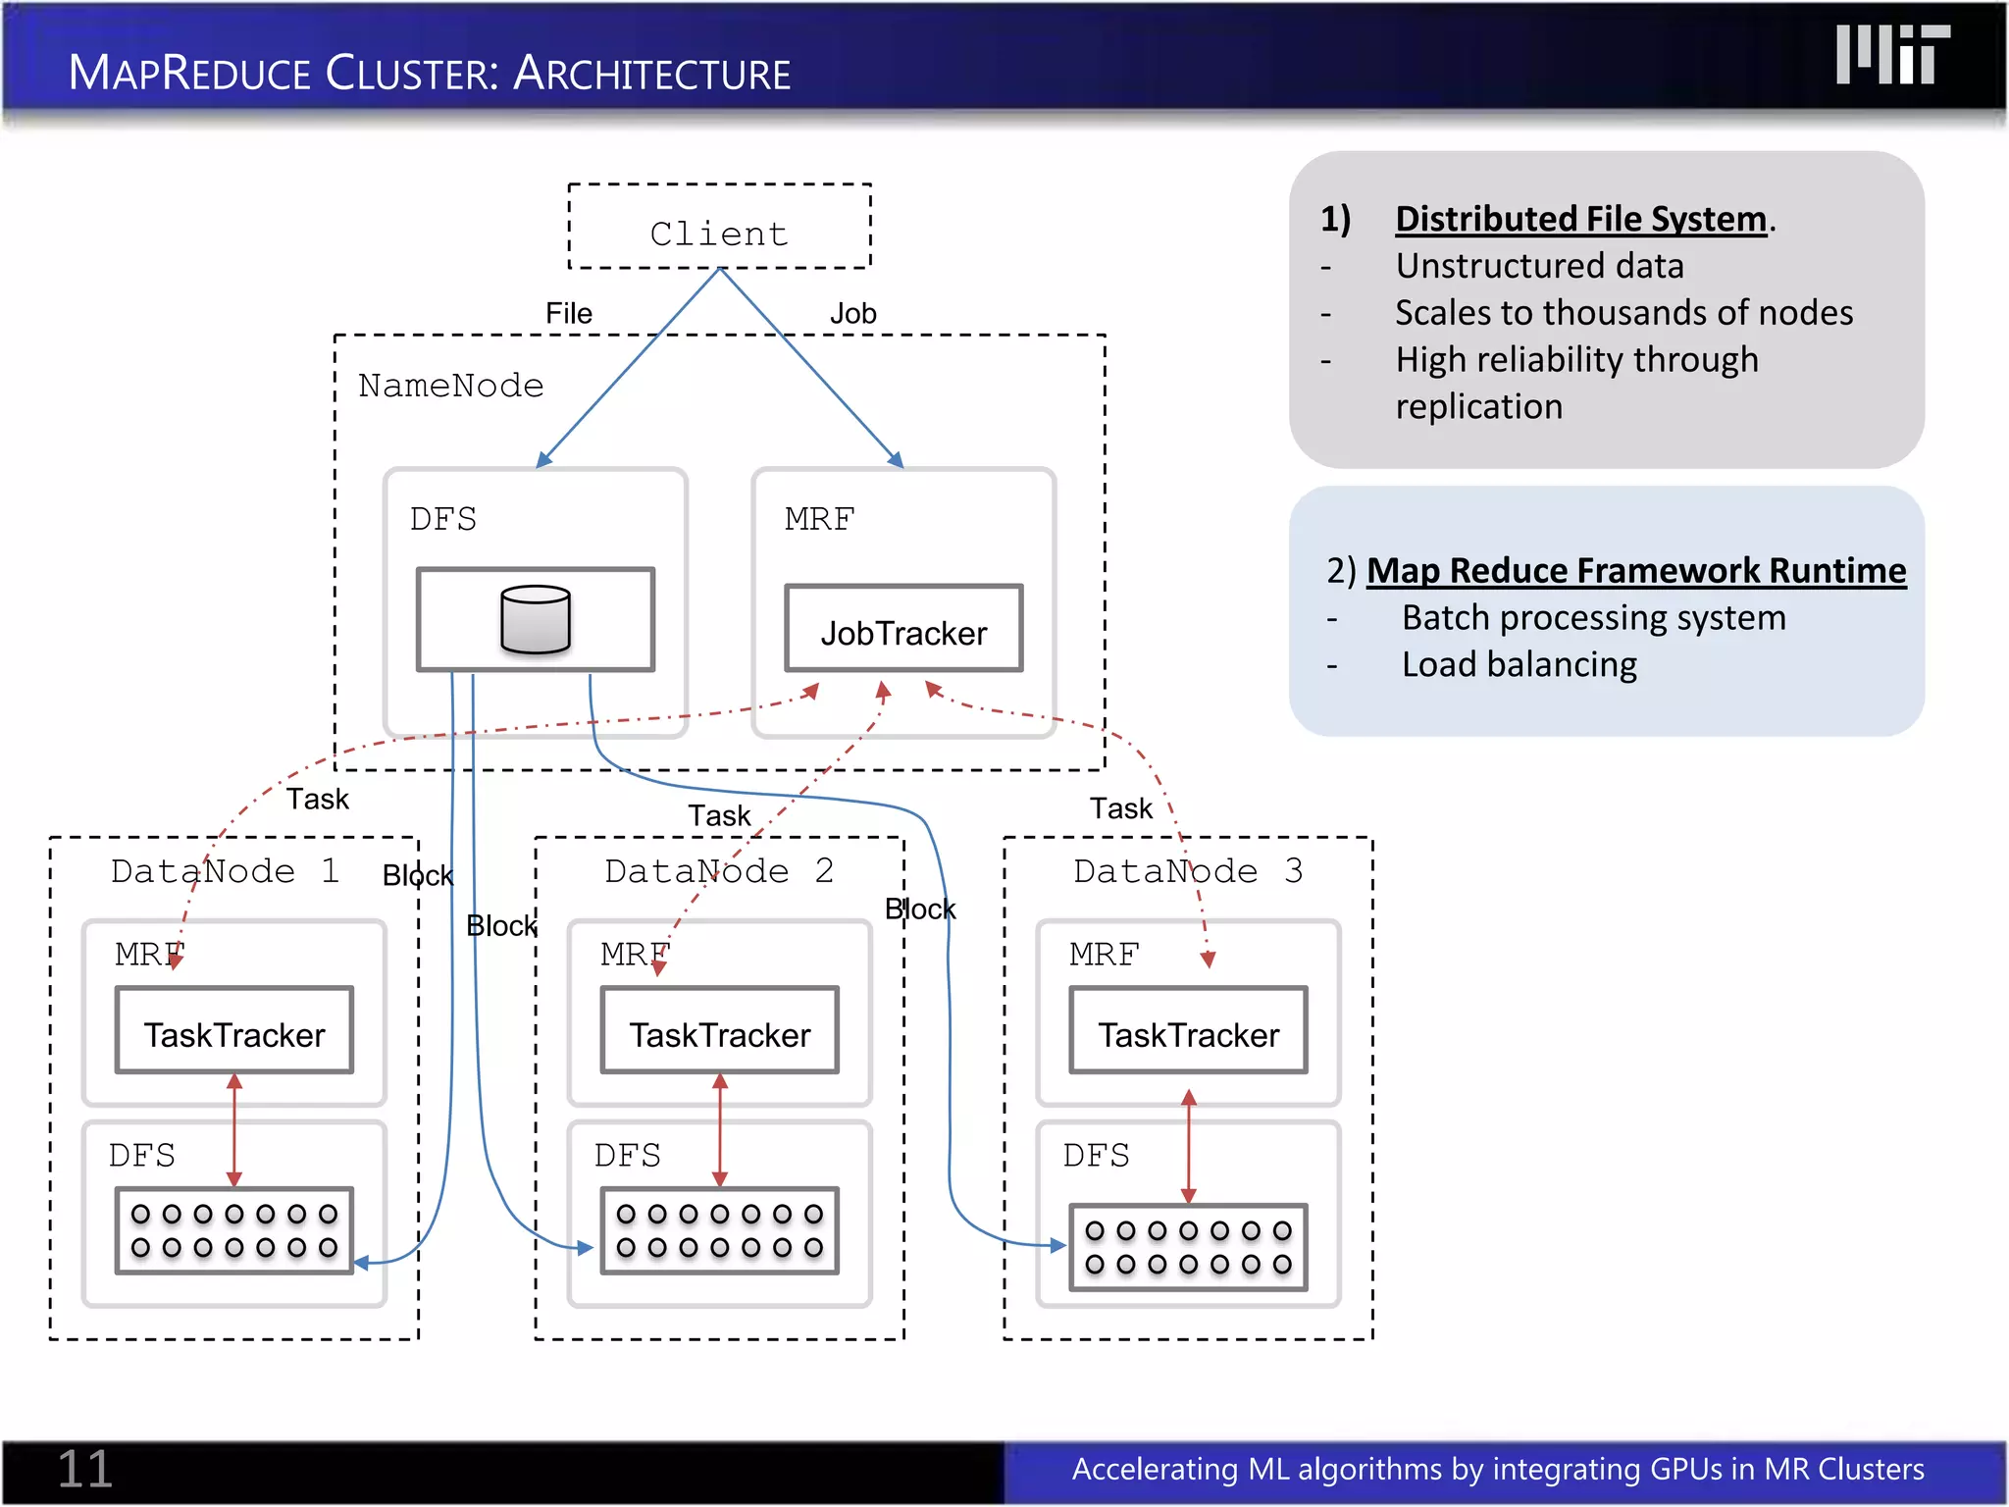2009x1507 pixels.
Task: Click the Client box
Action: click(719, 227)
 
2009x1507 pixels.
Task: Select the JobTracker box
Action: click(902, 630)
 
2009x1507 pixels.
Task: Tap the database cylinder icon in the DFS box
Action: click(535, 620)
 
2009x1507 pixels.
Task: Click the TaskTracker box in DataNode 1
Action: click(234, 1032)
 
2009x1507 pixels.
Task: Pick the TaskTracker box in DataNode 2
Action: click(719, 1032)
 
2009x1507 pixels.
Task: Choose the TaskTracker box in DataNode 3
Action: click(1188, 1032)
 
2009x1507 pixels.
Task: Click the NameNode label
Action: click(450, 386)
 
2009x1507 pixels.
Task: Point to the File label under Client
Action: click(568, 314)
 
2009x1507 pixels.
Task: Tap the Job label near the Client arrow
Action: click(852, 314)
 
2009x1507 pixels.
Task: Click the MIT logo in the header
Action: click(1892, 55)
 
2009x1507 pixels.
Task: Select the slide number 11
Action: click(85, 1469)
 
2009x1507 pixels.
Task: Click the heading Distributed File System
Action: click(1580, 219)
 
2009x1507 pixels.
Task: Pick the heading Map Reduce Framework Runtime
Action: click(1635, 570)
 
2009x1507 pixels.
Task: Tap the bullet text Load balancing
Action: click(1519, 664)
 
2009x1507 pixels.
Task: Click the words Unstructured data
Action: click(1539, 266)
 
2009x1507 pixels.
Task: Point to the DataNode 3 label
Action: click(1187, 871)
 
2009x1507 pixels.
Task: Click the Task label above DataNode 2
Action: click(718, 815)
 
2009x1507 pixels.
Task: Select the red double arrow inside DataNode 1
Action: click(234, 1129)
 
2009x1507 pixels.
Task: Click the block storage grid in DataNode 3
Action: click(1188, 1247)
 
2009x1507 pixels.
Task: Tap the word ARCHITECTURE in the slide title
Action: click(651, 74)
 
